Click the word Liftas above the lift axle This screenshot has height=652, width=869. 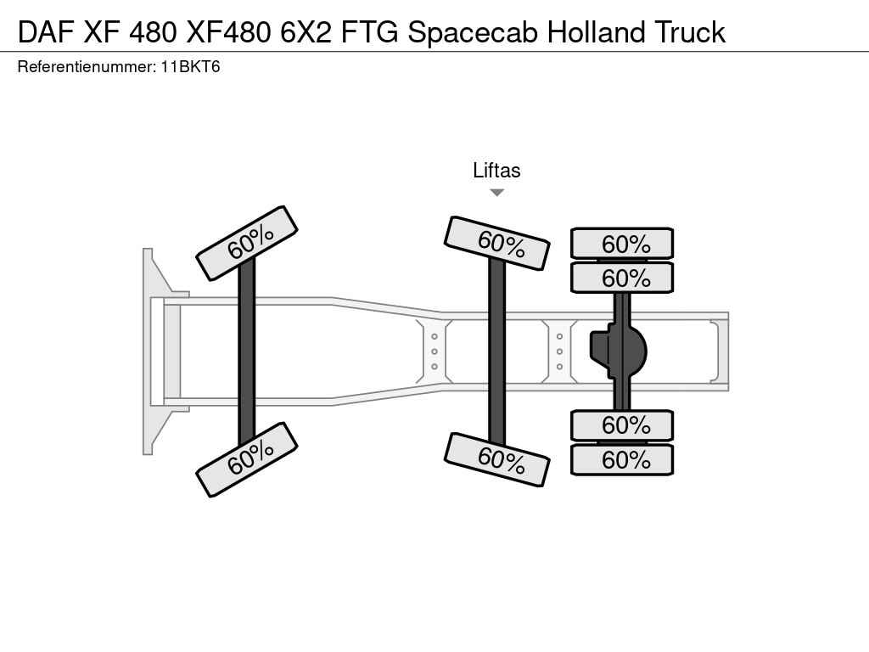496,170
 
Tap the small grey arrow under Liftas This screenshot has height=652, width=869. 497,193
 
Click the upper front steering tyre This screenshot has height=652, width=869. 247,243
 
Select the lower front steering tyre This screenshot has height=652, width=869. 247,459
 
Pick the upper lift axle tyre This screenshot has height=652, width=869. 497,243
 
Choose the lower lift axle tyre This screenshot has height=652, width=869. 497,459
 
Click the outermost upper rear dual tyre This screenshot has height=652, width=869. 622,243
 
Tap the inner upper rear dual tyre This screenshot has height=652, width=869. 622,278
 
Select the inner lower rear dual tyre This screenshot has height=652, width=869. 622,425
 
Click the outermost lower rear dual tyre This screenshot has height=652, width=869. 622,459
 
